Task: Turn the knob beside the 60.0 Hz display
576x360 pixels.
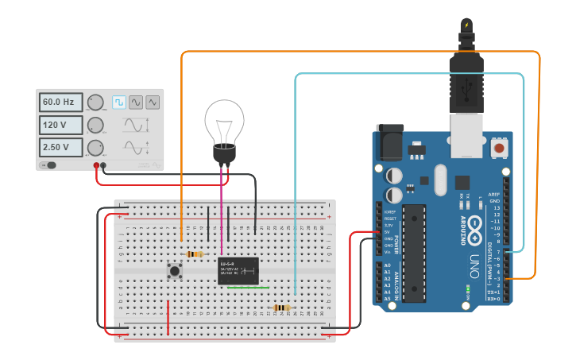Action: click(95, 103)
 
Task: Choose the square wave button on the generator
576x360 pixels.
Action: click(119, 102)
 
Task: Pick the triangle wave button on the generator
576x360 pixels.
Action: click(153, 102)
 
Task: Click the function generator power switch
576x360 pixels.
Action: click(50, 165)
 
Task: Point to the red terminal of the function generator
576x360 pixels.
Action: click(96, 165)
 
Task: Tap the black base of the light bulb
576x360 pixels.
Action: click(224, 156)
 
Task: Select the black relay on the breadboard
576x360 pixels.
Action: click(238, 270)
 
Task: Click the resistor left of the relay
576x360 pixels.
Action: click(194, 254)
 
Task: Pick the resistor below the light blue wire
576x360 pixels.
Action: click(281, 308)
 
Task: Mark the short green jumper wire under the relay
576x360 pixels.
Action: click(248, 288)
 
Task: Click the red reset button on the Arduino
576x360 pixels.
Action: click(500, 148)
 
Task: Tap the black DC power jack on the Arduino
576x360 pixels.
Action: click(389, 144)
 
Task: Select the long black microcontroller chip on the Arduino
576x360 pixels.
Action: click(413, 253)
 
